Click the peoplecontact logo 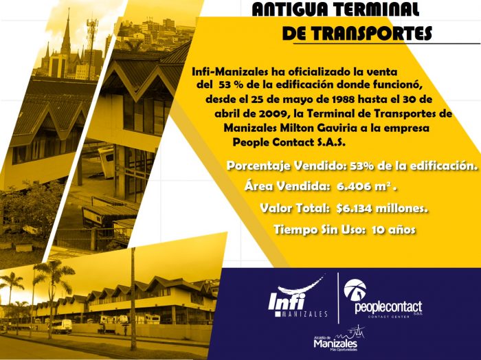click(x=383, y=298)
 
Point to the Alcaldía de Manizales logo click(x=339, y=339)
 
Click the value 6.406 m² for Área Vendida click(x=367, y=186)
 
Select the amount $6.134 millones click(x=382, y=209)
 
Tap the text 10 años click(x=394, y=229)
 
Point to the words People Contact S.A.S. click(x=289, y=142)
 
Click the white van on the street click(x=62, y=326)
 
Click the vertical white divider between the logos click(x=338, y=297)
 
